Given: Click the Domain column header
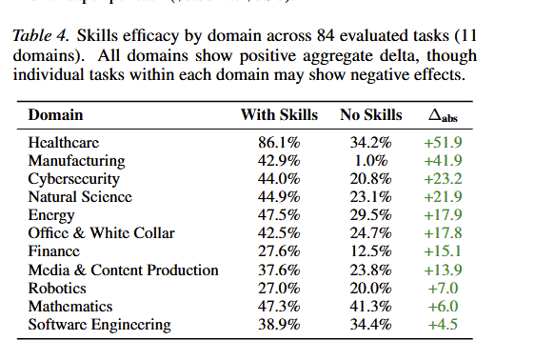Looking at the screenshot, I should point(55,115).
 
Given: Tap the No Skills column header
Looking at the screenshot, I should point(371,115).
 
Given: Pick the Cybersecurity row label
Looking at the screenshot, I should point(74,179).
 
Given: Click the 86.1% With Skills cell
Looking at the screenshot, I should point(278,143).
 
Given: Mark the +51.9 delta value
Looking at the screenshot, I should point(444,143).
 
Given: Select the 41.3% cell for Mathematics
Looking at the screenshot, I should point(370,307).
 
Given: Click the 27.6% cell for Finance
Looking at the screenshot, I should point(278,251).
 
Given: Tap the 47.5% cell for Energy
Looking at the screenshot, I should point(278,215).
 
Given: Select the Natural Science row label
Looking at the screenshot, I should point(80,197).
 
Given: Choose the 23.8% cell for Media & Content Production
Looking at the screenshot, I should point(370,270).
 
